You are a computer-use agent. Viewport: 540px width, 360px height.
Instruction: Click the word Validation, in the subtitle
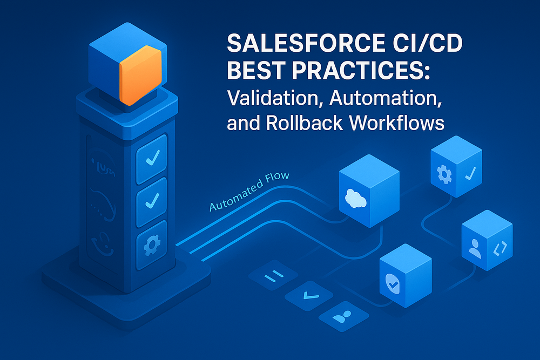(x=275, y=98)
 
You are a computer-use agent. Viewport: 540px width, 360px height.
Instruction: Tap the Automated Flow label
(x=249, y=192)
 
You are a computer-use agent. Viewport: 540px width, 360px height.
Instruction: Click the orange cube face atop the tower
(x=140, y=75)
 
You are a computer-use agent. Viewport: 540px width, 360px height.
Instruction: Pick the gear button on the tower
(x=152, y=245)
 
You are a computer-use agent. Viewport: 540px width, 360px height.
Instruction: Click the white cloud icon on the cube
(x=355, y=199)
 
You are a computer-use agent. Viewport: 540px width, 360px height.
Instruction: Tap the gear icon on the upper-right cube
(x=444, y=174)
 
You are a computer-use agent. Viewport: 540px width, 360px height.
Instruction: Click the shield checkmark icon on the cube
(x=393, y=284)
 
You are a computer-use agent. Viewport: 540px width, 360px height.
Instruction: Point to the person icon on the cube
(x=475, y=248)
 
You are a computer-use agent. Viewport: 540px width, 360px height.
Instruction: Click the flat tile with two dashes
(x=273, y=276)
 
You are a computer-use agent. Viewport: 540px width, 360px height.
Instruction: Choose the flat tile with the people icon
(x=343, y=316)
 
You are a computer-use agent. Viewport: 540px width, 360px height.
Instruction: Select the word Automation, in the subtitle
(x=386, y=98)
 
